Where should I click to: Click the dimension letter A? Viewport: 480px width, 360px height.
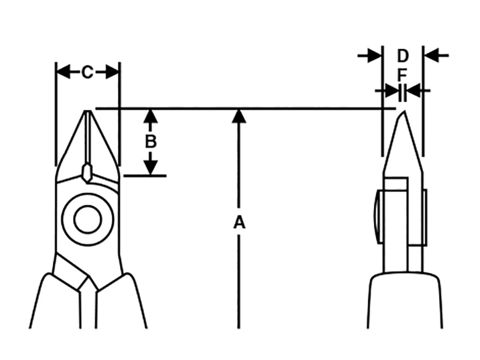(x=239, y=223)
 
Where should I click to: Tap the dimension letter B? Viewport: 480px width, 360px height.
(x=150, y=142)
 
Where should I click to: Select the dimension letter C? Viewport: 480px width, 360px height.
(x=88, y=73)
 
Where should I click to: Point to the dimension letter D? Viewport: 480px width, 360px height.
(x=403, y=56)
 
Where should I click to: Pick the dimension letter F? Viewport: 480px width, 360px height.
(x=403, y=75)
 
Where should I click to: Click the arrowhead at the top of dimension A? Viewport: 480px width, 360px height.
(x=239, y=116)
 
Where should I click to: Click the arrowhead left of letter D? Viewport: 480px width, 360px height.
(x=375, y=56)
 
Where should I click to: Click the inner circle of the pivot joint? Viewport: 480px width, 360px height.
(x=87, y=220)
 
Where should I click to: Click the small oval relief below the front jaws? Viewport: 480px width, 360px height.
(x=87, y=173)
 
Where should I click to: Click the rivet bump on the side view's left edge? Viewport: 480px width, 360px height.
(x=379, y=217)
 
